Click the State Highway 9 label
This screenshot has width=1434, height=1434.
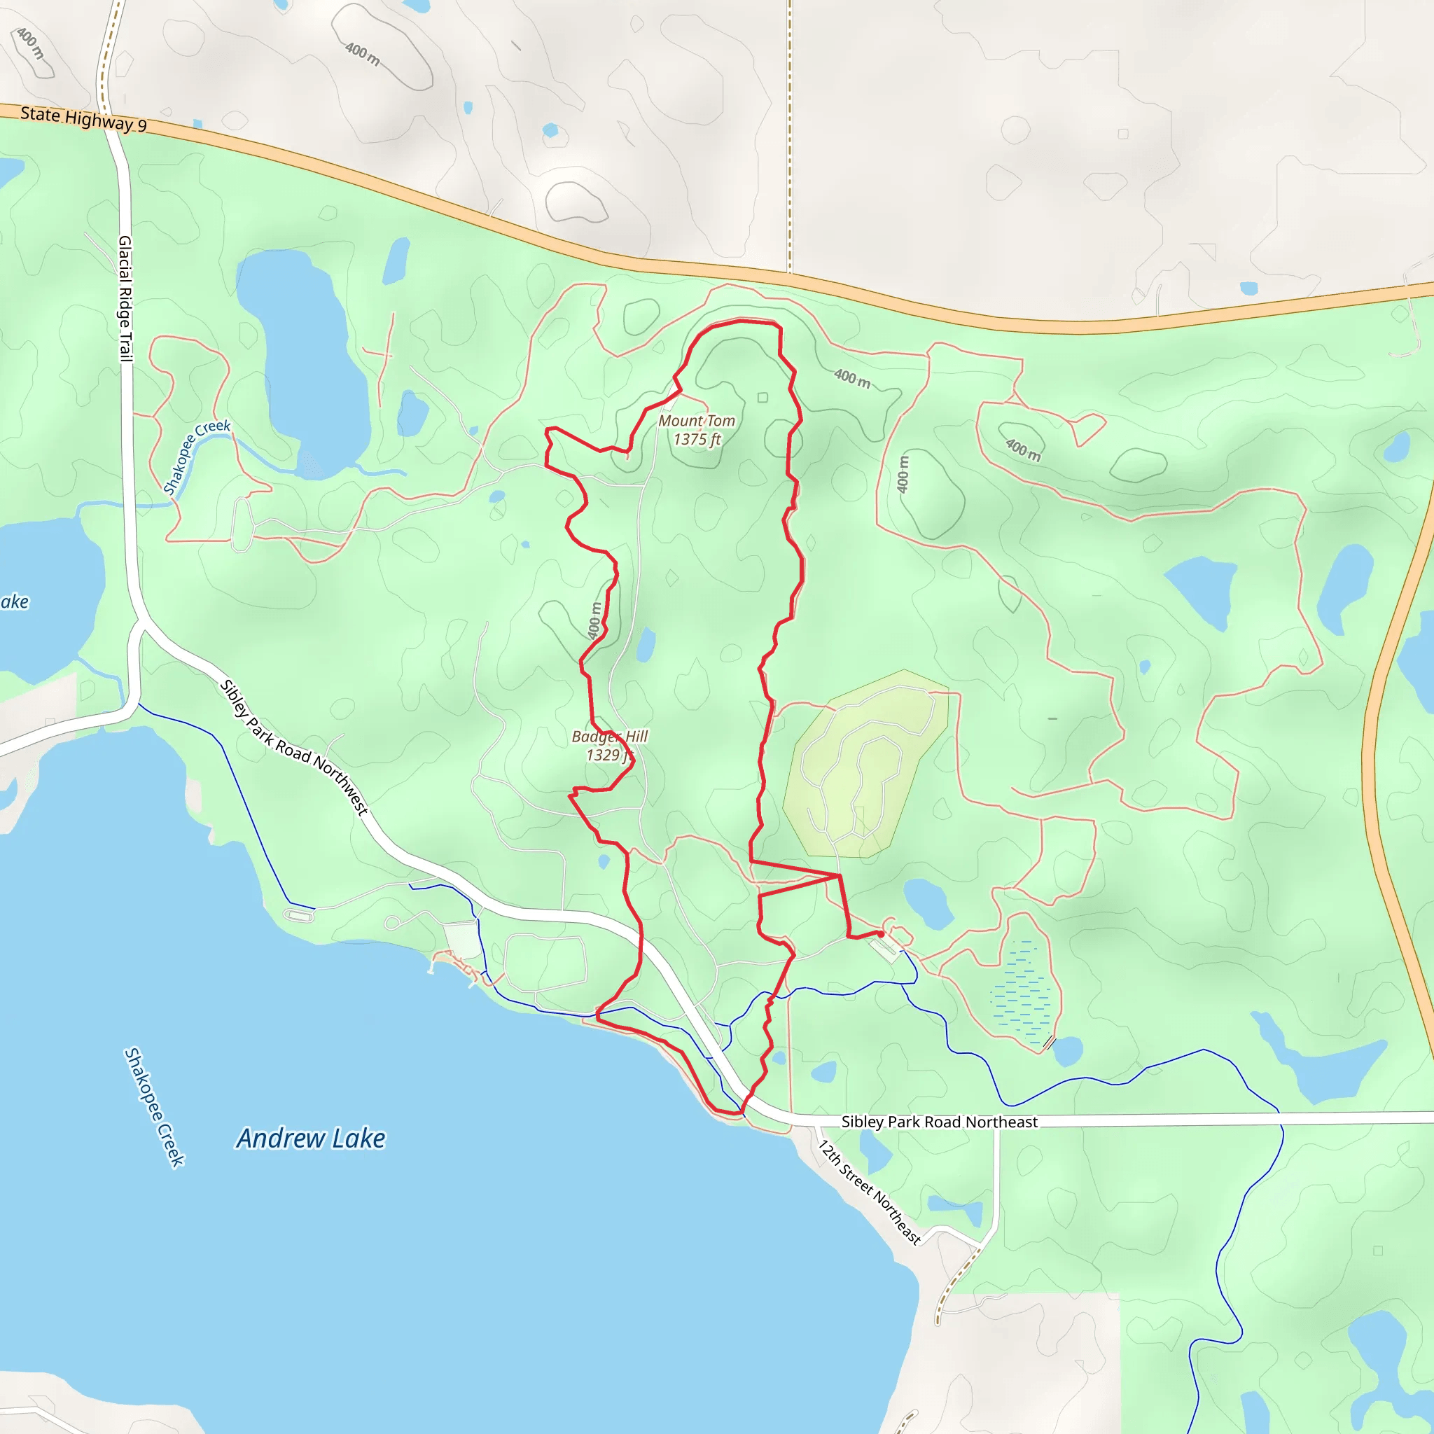pos(83,119)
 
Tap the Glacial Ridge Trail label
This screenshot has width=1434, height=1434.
pos(125,298)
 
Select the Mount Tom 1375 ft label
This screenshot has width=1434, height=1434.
pos(696,430)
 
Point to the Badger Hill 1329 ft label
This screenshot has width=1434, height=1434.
pos(609,745)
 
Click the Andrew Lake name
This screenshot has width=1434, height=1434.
pos(311,1138)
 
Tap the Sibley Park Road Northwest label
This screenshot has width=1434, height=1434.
pos(295,747)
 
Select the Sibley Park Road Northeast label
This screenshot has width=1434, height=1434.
pos(939,1122)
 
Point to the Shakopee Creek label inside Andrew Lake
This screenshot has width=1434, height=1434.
pos(153,1107)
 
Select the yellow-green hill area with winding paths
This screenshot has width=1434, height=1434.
pos(865,765)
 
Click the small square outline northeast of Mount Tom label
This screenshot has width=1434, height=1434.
pos(763,398)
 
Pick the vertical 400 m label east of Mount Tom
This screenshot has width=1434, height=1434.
pos(903,474)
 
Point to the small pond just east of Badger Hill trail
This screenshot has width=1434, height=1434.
pos(646,644)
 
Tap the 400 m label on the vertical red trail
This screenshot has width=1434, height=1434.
pos(594,620)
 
